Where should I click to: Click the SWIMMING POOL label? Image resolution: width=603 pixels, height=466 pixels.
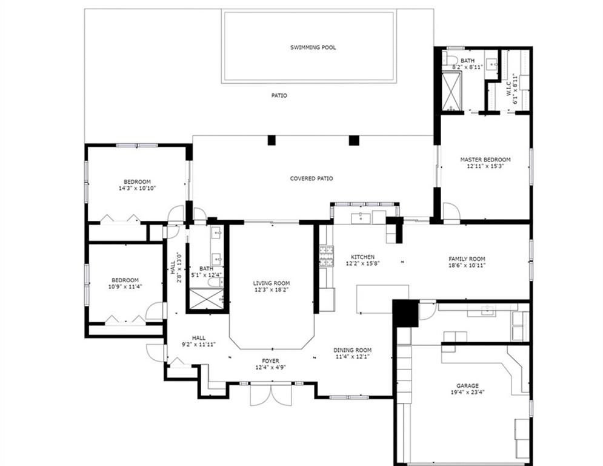[x=313, y=47]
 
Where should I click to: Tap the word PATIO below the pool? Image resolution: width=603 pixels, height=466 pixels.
[x=279, y=95]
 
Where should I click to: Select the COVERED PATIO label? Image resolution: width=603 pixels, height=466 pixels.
[x=311, y=178]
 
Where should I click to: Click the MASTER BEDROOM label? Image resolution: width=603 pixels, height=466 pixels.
[x=485, y=160]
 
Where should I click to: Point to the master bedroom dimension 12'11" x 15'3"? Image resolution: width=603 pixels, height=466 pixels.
[x=485, y=166]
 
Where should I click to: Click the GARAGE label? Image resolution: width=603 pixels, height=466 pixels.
[x=468, y=385]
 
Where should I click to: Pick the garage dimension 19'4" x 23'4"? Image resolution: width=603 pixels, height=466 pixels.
[x=468, y=393]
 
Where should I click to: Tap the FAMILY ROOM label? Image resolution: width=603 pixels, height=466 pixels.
[x=467, y=259]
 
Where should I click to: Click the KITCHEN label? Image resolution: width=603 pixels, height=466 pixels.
[x=362, y=257]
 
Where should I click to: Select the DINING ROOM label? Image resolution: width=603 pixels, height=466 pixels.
[x=353, y=350]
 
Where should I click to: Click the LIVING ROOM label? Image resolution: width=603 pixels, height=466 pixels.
[x=272, y=283]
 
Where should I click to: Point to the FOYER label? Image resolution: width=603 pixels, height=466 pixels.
[x=271, y=361]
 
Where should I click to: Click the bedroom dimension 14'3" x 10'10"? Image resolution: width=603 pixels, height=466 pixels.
[x=138, y=188]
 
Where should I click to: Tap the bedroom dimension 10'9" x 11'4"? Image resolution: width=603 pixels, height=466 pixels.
[x=125, y=286]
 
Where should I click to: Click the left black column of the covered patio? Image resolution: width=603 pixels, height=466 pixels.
[x=272, y=140]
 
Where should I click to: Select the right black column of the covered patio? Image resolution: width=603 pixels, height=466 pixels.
[x=354, y=140]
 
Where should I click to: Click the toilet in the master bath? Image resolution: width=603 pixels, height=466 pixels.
[x=449, y=59]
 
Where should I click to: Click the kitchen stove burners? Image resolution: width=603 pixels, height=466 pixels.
[x=327, y=257]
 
